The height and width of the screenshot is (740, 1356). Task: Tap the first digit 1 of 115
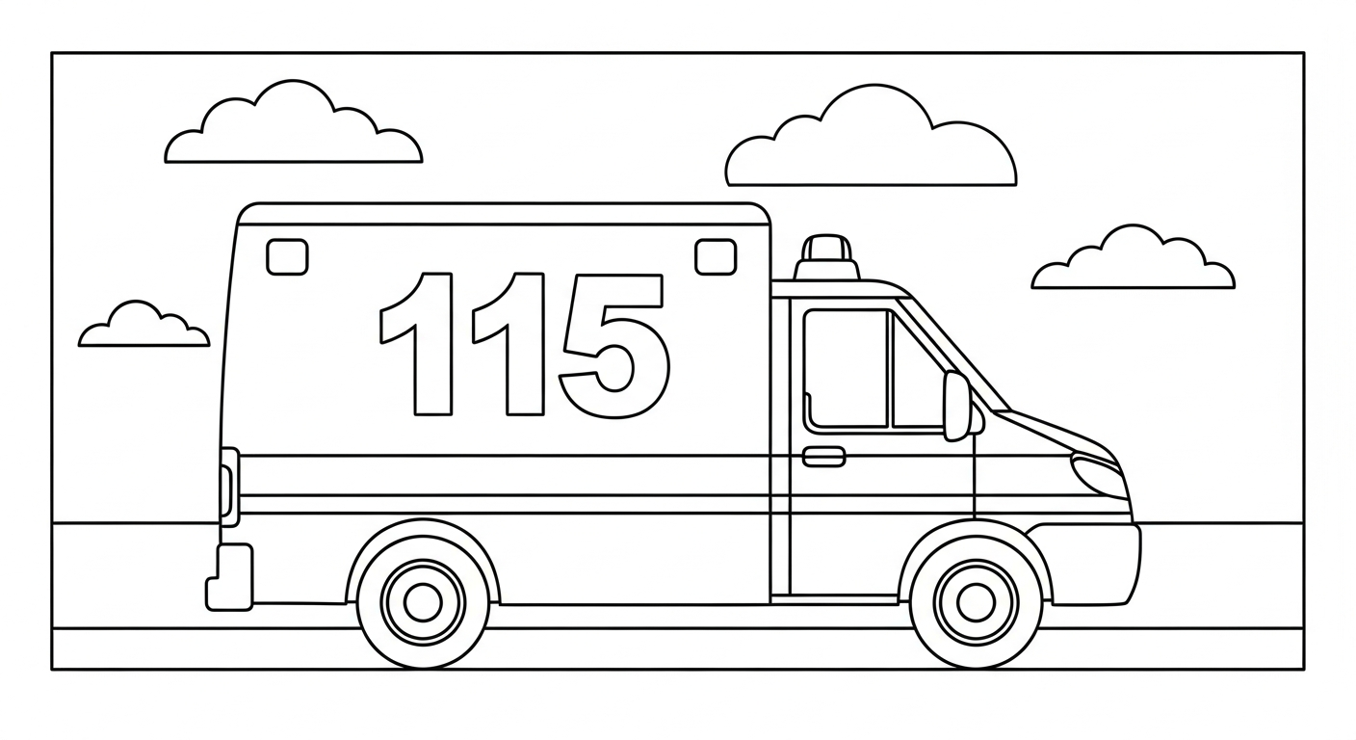tap(432, 344)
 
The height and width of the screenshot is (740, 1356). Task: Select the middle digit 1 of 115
tap(525, 344)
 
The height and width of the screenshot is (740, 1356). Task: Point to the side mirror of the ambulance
tap(957, 406)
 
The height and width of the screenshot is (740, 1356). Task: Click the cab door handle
tap(823, 457)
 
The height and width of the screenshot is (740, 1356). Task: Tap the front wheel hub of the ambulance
tap(976, 602)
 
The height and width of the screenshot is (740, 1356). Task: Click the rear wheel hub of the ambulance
tap(423, 602)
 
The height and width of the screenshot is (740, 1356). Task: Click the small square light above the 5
tap(716, 256)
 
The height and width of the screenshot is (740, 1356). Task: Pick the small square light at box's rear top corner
tap(287, 256)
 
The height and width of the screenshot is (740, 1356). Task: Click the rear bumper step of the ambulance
tap(229, 577)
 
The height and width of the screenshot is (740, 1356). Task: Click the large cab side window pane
tap(846, 369)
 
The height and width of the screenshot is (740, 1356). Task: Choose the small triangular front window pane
tap(918, 379)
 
